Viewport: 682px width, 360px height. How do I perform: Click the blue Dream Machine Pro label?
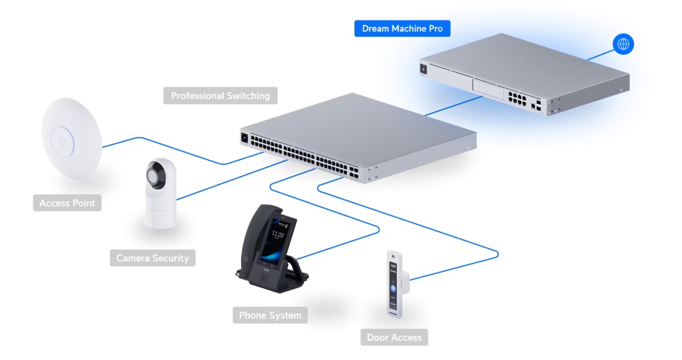pyautogui.click(x=402, y=29)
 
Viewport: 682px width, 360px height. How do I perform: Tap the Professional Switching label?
pyautogui.click(x=220, y=96)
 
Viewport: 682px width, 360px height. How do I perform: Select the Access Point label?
pyautogui.click(x=67, y=203)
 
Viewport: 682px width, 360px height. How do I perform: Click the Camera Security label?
pyautogui.click(x=153, y=258)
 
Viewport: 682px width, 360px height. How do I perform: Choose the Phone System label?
pyautogui.click(x=270, y=315)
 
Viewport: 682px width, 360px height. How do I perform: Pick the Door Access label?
pyautogui.click(x=394, y=338)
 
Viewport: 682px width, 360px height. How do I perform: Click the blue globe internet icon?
pyautogui.click(x=623, y=44)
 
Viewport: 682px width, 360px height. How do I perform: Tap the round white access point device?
pyautogui.click(x=72, y=139)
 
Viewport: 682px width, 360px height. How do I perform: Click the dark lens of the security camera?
pyautogui.click(x=155, y=176)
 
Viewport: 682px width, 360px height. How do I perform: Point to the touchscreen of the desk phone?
pyautogui.click(x=273, y=241)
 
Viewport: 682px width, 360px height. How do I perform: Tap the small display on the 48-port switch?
pyautogui.click(x=244, y=138)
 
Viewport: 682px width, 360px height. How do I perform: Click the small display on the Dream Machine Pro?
pyautogui.click(x=424, y=69)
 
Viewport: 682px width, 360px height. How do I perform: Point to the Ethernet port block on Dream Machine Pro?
pyautogui.click(x=517, y=98)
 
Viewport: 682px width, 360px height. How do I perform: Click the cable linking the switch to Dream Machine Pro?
pyautogui.click(x=453, y=106)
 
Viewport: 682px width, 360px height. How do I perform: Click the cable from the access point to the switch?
pyautogui.click(x=182, y=150)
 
